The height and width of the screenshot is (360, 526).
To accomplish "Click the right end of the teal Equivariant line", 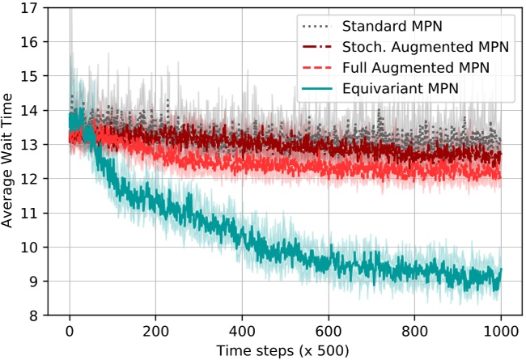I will click(x=501, y=269).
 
